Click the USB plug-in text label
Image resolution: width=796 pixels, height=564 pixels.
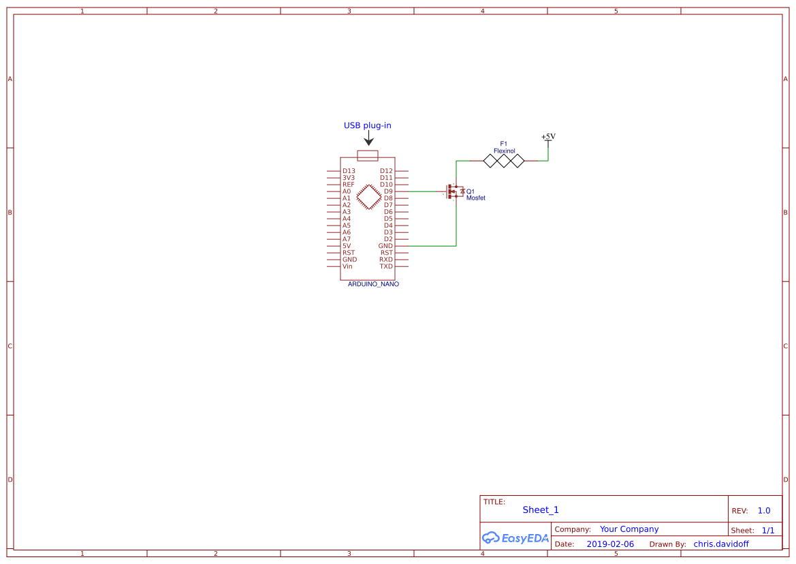[x=367, y=125]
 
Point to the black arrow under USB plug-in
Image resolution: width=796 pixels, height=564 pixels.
[x=368, y=138]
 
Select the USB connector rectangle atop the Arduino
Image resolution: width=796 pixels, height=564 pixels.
[x=368, y=156]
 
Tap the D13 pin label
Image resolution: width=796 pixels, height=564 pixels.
[x=349, y=171]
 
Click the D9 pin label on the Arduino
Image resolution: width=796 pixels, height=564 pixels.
[x=388, y=191]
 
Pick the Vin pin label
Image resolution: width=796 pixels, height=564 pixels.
[x=347, y=266]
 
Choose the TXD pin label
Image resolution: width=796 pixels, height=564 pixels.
[x=386, y=266]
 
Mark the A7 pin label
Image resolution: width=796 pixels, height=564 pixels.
[x=347, y=239]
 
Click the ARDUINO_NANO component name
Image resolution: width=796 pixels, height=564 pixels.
[x=373, y=284]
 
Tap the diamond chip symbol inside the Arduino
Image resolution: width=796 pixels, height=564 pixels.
[x=368, y=197]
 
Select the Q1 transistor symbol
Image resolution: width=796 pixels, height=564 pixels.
[x=453, y=192]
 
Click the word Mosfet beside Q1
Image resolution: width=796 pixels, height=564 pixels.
[x=476, y=198]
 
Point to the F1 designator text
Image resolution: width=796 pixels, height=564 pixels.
[x=504, y=144]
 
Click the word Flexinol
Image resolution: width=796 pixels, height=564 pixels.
[x=505, y=151]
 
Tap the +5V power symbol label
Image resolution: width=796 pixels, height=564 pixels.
[x=548, y=136]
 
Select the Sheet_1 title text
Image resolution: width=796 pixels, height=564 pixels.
[x=541, y=510]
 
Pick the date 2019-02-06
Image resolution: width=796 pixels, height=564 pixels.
[x=610, y=544]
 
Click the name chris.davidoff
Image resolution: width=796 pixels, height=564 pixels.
[x=721, y=544]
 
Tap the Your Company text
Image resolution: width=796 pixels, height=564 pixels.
[x=629, y=529]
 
